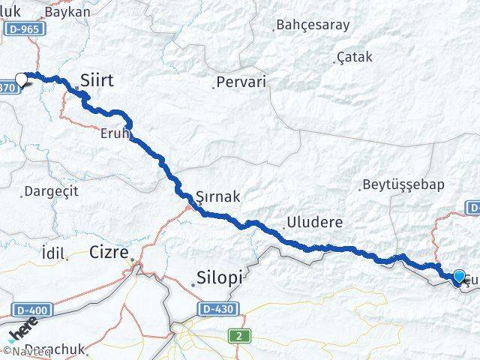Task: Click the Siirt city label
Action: click(x=97, y=79)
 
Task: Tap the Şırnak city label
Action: click(x=217, y=196)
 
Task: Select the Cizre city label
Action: click(x=109, y=250)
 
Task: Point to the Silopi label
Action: click(x=220, y=277)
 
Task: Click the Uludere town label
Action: click(x=314, y=223)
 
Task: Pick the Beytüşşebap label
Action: click(x=403, y=184)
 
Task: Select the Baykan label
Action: click(x=67, y=12)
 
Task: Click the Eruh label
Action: click(x=115, y=135)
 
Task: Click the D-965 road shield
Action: click(x=27, y=28)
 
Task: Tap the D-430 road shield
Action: click(x=215, y=309)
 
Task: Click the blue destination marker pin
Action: click(x=459, y=275)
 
